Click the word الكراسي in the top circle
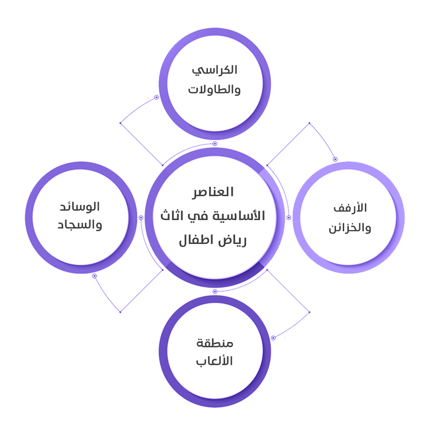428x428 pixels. coord(215,70)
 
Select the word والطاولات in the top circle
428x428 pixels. coord(214,89)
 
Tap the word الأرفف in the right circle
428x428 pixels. coord(350,208)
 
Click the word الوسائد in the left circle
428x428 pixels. coord(80,207)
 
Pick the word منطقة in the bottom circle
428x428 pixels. coord(215,343)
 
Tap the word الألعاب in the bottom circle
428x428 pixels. coord(214,361)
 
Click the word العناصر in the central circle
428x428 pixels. coord(213,192)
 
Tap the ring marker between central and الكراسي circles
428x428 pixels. coord(215,144)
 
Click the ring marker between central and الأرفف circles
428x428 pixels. coord(289,218)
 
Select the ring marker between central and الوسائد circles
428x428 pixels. coord(141,218)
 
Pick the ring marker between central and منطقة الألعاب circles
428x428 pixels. coord(215,292)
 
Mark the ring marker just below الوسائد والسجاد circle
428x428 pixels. coord(95,276)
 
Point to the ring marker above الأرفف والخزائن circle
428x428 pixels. coord(335,159)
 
